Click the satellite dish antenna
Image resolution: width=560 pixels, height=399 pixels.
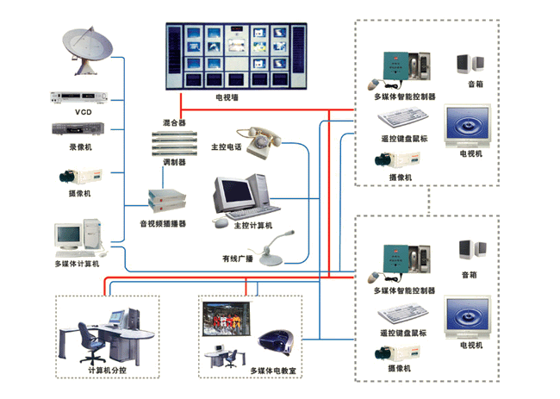(90, 52)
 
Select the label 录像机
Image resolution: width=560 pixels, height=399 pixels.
(82, 147)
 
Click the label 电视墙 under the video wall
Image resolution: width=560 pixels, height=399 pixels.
(229, 97)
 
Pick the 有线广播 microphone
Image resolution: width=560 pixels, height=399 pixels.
(277, 250)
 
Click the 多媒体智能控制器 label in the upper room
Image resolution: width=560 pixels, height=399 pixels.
(404, 97)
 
